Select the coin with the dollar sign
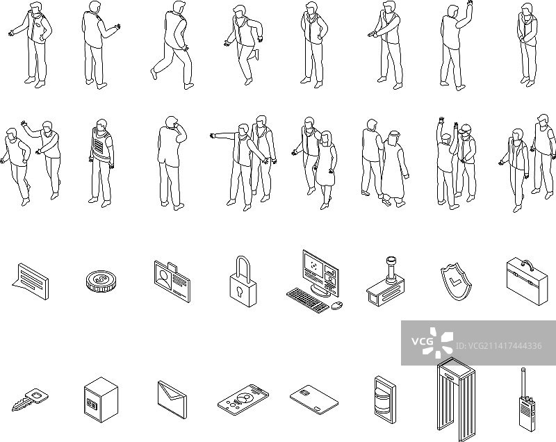tap(101, 281)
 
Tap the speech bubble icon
tap(30, 281)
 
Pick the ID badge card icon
tap(172, 281)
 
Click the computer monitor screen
tap(320, 272)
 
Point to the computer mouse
tap(337, 305)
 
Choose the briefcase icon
tap(528, 282)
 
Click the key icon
tap(30, 400)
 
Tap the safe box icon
tap(101, 400)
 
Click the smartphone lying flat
tap(243, 399)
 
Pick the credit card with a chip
tap(314, 400)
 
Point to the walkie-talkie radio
tap(527, 404)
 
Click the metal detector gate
tap(456, 400)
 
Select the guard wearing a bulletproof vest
tap(101, 163)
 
